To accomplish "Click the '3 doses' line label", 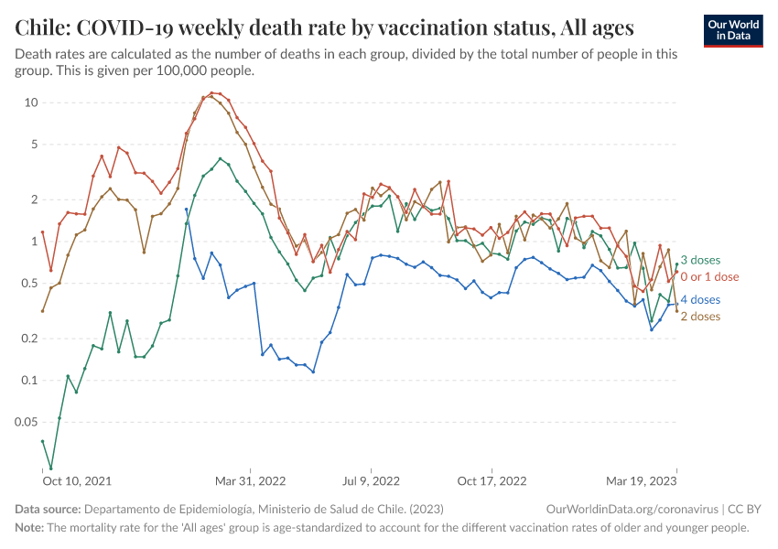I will [701, 261].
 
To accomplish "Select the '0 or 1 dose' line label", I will [709, 276].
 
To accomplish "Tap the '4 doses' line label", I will [701, 299].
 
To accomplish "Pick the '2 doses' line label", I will [701, 316].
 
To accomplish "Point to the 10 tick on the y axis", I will [31, 102].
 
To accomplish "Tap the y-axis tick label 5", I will [34, 144].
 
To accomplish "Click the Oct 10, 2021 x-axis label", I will [77, 480].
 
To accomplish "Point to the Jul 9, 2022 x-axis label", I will [370, 480].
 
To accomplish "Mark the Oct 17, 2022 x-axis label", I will [492, 480].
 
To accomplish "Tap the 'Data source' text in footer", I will [48, 508].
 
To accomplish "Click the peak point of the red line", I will [211, 92].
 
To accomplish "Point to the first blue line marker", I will [187, 210].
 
